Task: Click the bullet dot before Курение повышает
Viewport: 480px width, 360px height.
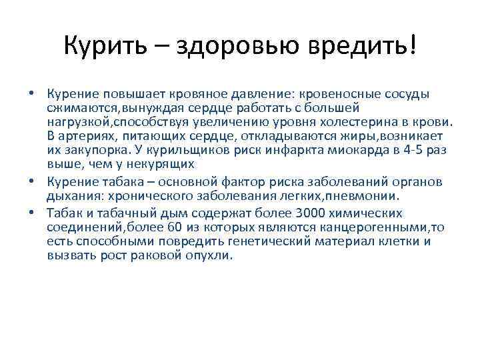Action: click(32, 93)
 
